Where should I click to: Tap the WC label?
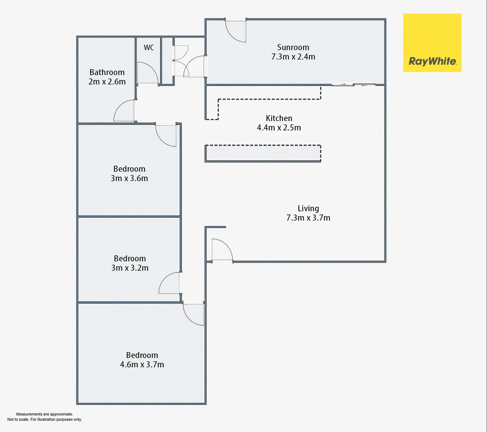[148, 48]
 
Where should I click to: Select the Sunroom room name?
[293, 47]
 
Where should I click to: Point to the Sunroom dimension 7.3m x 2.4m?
[293, 57]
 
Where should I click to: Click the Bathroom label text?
[107, 72]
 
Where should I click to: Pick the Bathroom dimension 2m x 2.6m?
[107, 82]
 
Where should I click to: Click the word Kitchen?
[279, 118]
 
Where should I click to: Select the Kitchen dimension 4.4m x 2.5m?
[279, 128]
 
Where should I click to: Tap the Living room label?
[308, 208]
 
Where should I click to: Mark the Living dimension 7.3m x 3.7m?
[308, 218]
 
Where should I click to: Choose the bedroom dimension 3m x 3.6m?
[129, 178]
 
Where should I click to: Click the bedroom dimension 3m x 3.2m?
[130, 268]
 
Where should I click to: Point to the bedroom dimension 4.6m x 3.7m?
[142, 365]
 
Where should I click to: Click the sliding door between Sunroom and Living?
[354, 85]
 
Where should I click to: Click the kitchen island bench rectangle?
[263, 153]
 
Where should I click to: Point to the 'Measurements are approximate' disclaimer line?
[44, 414]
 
